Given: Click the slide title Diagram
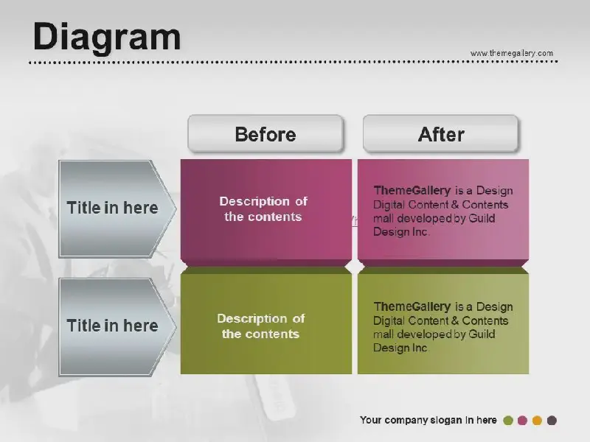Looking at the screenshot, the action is (x=107, y=37).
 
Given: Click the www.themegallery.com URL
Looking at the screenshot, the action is (x=512, y=53).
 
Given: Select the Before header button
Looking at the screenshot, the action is (x=265, y=134).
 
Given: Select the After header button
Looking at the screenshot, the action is (x=440, y=134).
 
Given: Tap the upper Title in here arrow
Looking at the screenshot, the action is (x=117, y=208).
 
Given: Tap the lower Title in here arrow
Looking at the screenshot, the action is (x=117, y=327).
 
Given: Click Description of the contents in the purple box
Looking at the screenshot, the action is (x=263, y=209).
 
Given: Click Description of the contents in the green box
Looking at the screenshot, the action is (x=261, y=326).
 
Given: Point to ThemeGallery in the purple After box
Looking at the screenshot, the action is (x=412, y=191).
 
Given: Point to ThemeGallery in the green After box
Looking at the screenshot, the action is (x=412, y=306).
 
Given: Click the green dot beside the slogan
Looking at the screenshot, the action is (x=508, y=420).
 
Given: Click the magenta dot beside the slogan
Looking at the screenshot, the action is (x=522, y=420).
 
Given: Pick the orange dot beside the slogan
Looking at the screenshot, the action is (x=537, y=420).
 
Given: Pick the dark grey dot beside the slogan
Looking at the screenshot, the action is (x=552, y=420).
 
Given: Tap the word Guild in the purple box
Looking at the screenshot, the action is (x=482, y=218).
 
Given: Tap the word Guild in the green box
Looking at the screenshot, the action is (x=482, y=334).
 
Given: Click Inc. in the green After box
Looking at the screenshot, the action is (x=420, y=348).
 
